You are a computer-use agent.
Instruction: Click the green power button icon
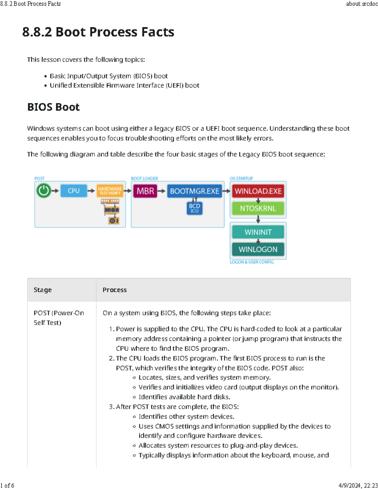pos(43,191)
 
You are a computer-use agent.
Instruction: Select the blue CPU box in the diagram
pos(73,191)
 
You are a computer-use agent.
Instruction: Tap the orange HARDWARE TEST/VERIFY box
pos(110,191)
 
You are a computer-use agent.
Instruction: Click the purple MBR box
pos(145,191)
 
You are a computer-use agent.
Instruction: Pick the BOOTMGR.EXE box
pos(194,191)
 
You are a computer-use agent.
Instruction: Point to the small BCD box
pos(194,208)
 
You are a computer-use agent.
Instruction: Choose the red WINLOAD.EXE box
pos(258,191)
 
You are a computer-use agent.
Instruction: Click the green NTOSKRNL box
pos(258,208)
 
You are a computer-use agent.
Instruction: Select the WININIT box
pos(258,232)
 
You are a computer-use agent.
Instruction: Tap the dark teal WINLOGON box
pos(258,249)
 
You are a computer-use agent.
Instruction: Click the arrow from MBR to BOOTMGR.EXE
pos(162,191)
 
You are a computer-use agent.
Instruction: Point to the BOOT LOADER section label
pos(145,179)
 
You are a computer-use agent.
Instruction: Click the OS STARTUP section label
pos(241,179)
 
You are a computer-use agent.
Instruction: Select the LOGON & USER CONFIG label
pos(252,262)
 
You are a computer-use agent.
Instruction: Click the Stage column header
pos(43,290)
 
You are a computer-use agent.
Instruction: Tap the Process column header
pos(115,290)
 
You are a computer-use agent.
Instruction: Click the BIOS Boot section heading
pos(54,107)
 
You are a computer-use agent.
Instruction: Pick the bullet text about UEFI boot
pos(124,85)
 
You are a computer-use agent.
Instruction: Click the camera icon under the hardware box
pos(113,220)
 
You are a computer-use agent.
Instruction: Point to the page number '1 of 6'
pos(7,486)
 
